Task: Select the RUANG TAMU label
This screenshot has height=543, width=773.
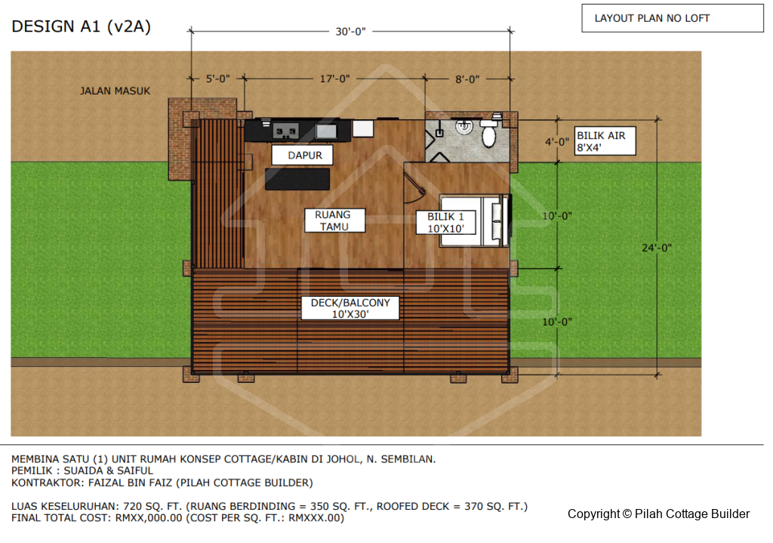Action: pos(334,221)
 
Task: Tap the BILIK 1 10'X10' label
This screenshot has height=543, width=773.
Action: pos(445,223)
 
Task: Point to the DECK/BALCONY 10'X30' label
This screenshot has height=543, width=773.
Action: pos(350,308)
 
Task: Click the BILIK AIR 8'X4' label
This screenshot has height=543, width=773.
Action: pos(605,141)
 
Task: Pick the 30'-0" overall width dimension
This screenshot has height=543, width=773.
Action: pos(350,32)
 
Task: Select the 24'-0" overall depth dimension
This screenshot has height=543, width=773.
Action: pos(657,248)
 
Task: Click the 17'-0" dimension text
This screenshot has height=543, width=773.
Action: pos(334,79)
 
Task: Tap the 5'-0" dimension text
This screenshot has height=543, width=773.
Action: pos(218,79)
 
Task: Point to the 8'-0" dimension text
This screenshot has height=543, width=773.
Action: pos(467,79)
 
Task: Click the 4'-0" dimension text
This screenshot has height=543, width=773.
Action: pos(557,142)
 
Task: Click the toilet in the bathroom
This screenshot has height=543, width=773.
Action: pos(488,133)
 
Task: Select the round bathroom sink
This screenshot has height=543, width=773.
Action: pos(464,127)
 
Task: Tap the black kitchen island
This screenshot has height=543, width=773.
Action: pos(297,179)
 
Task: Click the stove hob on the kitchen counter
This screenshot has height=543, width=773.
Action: pos(285,131)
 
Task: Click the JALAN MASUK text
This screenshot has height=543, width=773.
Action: pos(115,91)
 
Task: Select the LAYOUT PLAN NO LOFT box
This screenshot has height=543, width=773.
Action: pos(673,18)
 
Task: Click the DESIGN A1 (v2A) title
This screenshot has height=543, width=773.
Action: pos(82,26)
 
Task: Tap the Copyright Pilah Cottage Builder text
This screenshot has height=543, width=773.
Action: pos(658,514)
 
